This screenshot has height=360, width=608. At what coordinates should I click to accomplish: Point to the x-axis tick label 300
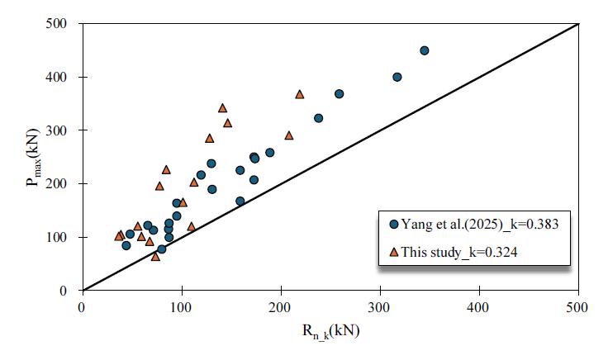[380, 306]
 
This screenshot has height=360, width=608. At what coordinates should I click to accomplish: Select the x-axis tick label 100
[181, 306]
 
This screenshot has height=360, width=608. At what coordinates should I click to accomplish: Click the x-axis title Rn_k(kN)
[330, 332]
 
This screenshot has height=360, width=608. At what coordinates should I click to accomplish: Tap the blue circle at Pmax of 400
[397, 77]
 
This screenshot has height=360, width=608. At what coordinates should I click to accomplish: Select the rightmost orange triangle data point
[300, 94]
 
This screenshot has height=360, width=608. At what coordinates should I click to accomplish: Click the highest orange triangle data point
[300, 94]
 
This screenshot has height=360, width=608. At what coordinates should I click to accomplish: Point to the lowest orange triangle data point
[155, 257]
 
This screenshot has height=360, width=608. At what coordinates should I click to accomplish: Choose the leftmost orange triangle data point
[119, 236]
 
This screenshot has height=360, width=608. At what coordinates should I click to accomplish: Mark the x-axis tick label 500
[578, 306]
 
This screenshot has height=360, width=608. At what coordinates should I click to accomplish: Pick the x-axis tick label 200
[281, 306]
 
